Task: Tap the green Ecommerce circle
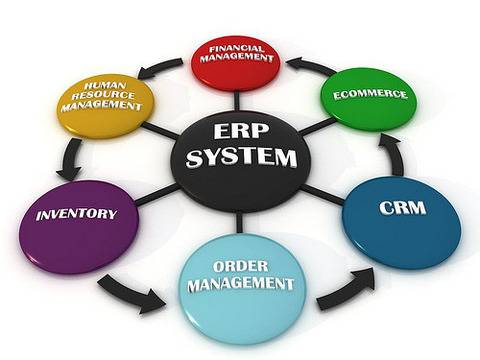(x=370, y=98)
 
